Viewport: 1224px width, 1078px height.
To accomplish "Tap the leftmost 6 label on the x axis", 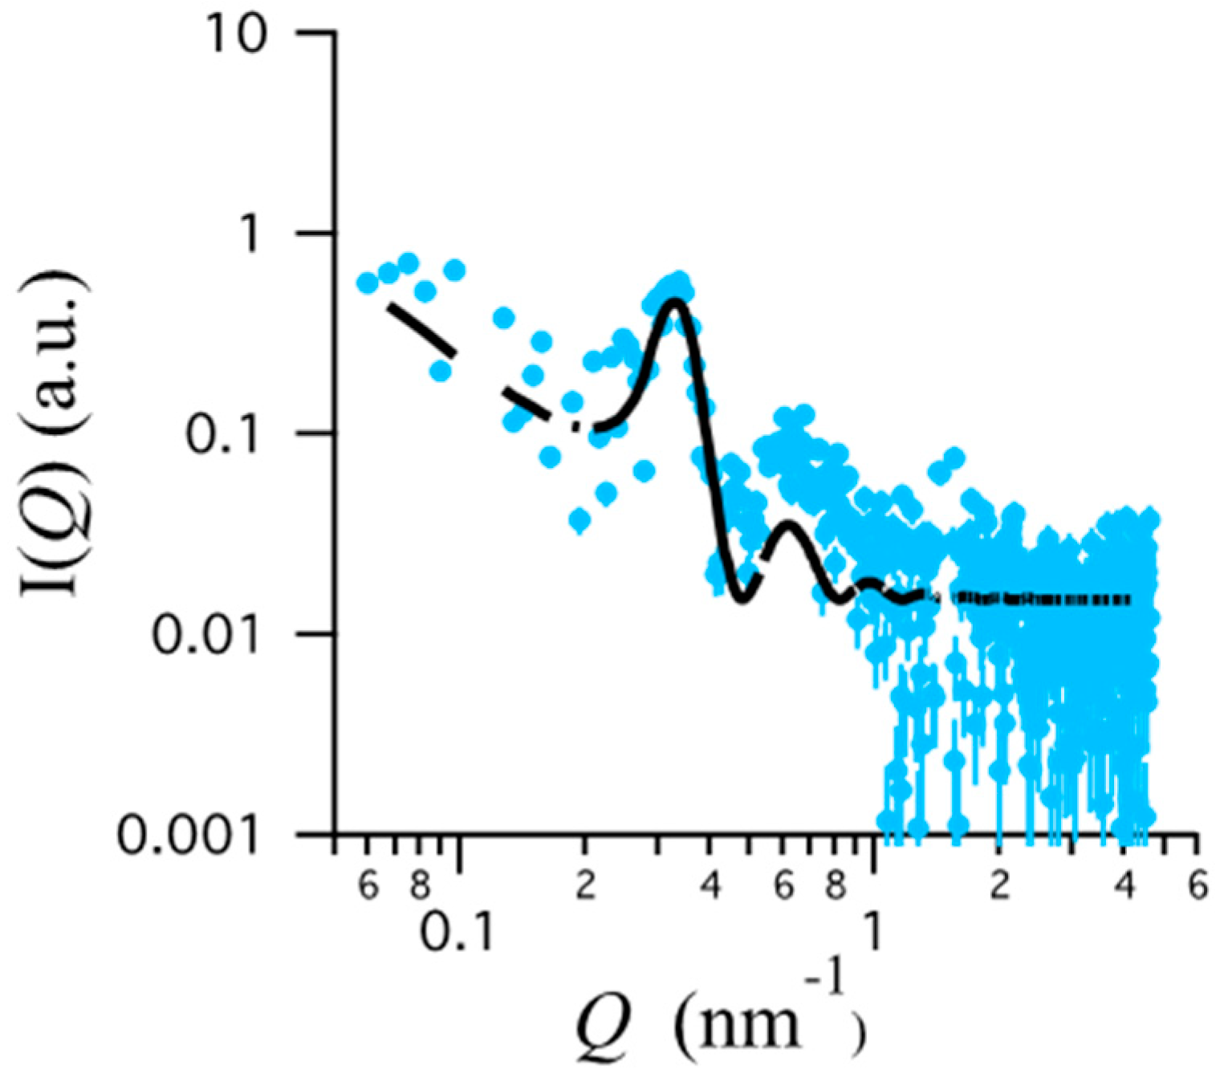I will [368, 886].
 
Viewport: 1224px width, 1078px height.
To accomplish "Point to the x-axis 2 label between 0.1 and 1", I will [585, 886].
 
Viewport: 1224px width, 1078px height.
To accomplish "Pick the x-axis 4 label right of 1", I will [1125, 886].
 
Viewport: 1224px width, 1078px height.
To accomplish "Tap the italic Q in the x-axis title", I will [602, 1023].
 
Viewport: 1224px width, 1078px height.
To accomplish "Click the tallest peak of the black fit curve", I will [674, 302].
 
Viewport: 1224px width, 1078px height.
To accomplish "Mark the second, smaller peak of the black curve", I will [787, 526].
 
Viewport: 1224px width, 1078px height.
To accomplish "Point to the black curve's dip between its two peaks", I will [743, 599].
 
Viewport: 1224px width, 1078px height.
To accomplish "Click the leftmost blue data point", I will [367, 283].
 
